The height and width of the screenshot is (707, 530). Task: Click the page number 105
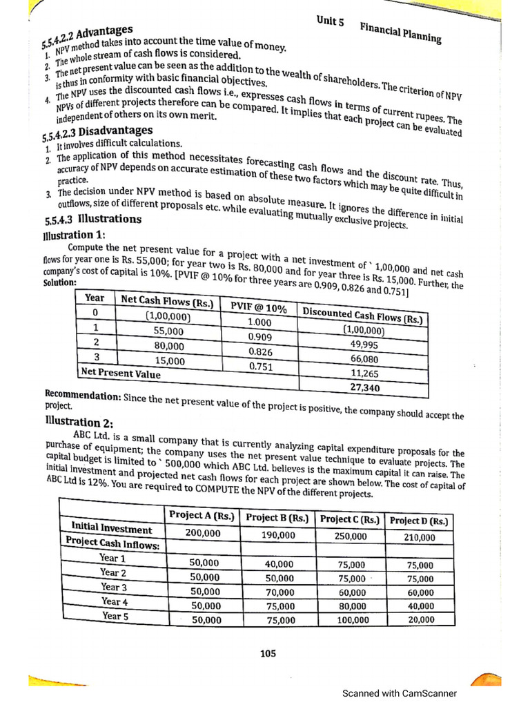268,654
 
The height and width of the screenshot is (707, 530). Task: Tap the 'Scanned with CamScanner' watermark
400,693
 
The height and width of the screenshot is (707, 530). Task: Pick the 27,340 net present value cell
364,388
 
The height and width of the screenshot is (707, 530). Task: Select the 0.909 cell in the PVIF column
259,338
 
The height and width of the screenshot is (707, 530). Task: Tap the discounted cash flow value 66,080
364,359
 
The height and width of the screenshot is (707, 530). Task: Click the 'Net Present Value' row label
121,374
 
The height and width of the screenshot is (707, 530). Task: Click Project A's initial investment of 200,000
203,533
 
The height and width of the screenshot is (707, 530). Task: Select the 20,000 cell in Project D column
421,620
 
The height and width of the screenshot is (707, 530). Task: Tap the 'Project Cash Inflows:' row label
112,543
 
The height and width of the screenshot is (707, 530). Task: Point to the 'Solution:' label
59,283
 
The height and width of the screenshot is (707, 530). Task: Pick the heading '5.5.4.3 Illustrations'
92,220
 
